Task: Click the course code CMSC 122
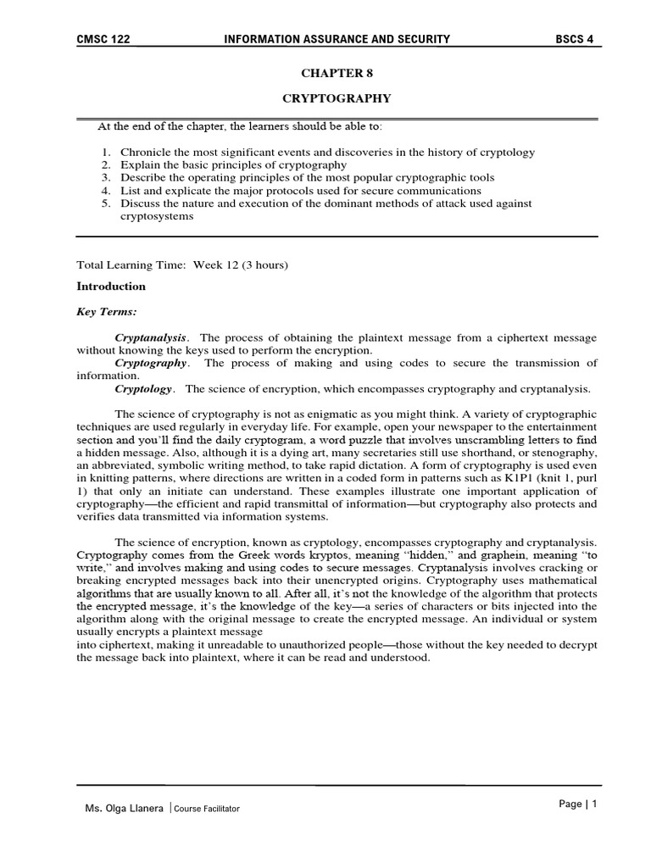click(x=103, y=39)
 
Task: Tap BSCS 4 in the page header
click(x=574, y=39)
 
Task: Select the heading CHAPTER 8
click(x=337, y=73)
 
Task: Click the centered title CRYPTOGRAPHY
click(x=337, y=98)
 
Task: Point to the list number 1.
click(x=105, y=153)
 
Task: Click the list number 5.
click(x=105, y=203)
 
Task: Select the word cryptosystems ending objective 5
click(x=157, y=216)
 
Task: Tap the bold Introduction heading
click(x=111, y=287)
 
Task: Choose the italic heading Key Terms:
click(x=107, y=312)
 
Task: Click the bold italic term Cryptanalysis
click(x=152, y=337)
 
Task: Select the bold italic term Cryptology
click(x=144, y=389)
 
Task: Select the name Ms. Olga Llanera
click(x=123, y=809)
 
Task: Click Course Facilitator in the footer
click(x=207, y=809)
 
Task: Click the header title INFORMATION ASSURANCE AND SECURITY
click(x=336, y=39)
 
